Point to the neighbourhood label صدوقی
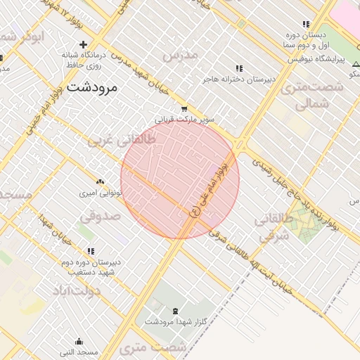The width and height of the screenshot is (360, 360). coord(100,216)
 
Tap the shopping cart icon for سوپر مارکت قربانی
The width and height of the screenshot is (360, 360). coord(184,109)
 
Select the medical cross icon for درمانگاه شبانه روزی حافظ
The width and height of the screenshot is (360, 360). coord(83,44)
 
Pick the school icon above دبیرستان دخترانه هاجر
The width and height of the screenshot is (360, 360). coord(238,68)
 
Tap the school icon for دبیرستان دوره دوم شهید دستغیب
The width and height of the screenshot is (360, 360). coord(90,251)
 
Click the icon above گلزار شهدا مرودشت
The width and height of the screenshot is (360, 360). coord(174,310)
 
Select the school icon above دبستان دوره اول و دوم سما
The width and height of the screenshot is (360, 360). coord(306,24)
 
